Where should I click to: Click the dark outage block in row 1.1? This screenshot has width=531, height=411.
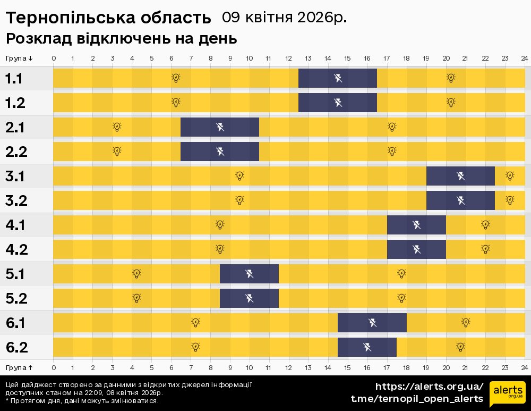[x=338, y=78]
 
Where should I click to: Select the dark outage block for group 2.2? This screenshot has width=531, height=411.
[x=220, y=152]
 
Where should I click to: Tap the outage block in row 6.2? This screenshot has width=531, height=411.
[x=367, y=347]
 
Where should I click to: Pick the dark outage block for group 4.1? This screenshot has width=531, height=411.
[x=416, y=225]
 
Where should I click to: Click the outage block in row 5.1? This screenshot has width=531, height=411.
[x=249, y=274]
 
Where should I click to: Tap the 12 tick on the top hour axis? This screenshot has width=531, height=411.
[x=288, y=58]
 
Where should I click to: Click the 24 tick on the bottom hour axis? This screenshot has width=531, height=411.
[x=524, y=367]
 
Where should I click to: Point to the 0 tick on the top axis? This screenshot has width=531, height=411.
[x=54, y=58]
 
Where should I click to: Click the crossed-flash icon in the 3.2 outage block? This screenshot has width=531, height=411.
[x=460, y=200]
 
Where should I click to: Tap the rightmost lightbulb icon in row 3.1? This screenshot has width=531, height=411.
[x=510, y=175]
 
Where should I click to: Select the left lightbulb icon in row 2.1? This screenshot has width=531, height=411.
[x=117, y=127]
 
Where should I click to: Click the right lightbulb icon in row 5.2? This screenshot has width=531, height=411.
[x=401, y=298]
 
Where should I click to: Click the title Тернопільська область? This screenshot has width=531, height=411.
[x=108, y=18]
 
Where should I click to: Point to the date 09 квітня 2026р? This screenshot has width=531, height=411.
[x=284, y=18]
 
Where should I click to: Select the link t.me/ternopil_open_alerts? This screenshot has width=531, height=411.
[x=417, y=399]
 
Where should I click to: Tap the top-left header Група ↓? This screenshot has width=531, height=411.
[x=19, y=58]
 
